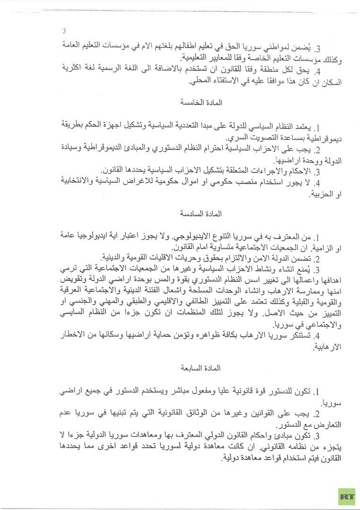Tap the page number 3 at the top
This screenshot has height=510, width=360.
coord(64,31)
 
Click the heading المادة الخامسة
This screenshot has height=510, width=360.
coord(201,102)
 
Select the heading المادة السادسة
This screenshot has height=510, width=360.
coord(201,213)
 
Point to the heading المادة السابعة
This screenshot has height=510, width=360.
coord(201,366)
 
